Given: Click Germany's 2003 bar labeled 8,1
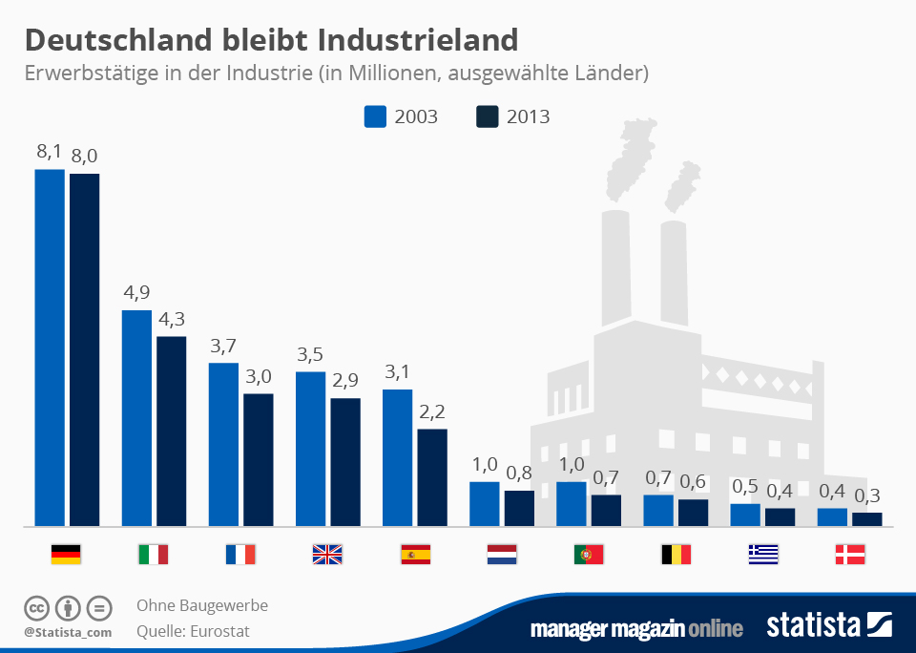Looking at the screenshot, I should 50,348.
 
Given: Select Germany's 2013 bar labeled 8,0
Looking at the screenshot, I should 84,349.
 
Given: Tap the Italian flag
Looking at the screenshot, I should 154,554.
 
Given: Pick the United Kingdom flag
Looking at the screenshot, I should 327,554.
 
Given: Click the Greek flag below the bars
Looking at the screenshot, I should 762,554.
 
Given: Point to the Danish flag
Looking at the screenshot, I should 849,554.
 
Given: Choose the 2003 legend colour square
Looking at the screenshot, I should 375,116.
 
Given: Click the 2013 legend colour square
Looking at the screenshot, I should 487,116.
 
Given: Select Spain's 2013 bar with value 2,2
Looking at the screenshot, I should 432,477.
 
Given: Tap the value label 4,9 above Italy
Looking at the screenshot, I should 136,293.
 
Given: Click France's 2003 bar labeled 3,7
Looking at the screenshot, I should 223,444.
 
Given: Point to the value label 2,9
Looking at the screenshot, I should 344,381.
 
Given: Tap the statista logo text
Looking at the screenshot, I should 813,626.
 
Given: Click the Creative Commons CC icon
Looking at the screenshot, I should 37,607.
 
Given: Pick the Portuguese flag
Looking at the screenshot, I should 589,554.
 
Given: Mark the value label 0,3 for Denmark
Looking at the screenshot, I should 866,495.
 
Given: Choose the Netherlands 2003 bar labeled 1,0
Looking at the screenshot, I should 485,503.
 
